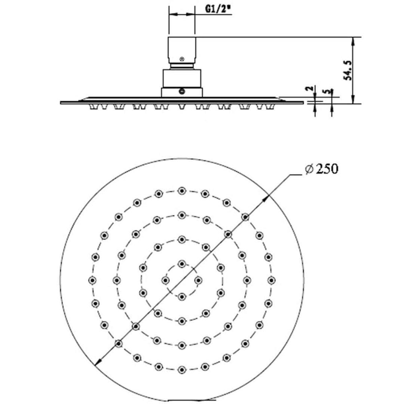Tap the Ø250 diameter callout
pyautogui.click(x=321, y=169)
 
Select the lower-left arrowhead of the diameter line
pyautogui.click(x=98, y=362)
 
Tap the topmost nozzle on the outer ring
pyautogui.click(x=182, y=191)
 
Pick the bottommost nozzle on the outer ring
pyautogui.click(x=182, y=370)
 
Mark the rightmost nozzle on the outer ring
pyautogui.click(x=271, y=280)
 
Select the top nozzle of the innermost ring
pyautogui.click(x=182, y=264)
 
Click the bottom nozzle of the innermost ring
pyautogui.click(x=182, y=296)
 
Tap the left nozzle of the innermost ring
pyautogui.click(x=165, y=280)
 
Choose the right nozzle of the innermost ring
pyautogui.click(x=198, y=280)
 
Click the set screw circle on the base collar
pyautogui.click(x=182, y=91)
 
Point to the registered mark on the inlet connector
pyautogui.click(x=182, y=59)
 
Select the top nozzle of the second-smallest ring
pyautogui.click(x=182, y=239)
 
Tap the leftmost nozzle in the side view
pyautogui.click(x=93, y=108)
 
